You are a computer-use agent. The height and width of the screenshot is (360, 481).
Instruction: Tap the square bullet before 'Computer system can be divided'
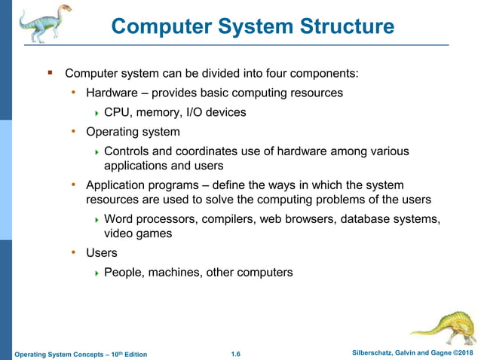point(50,73)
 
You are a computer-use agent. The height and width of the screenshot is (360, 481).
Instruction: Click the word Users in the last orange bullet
point(102,253)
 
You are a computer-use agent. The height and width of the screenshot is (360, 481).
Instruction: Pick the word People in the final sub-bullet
point(124,273)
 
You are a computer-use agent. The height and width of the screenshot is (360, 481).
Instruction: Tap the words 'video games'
point(138,233)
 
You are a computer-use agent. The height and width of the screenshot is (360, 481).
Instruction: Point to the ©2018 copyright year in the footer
point(462,353)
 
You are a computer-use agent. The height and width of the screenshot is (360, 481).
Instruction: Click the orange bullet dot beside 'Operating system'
point(74,132)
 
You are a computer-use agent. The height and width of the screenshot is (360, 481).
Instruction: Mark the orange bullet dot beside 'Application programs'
point(74,185)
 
